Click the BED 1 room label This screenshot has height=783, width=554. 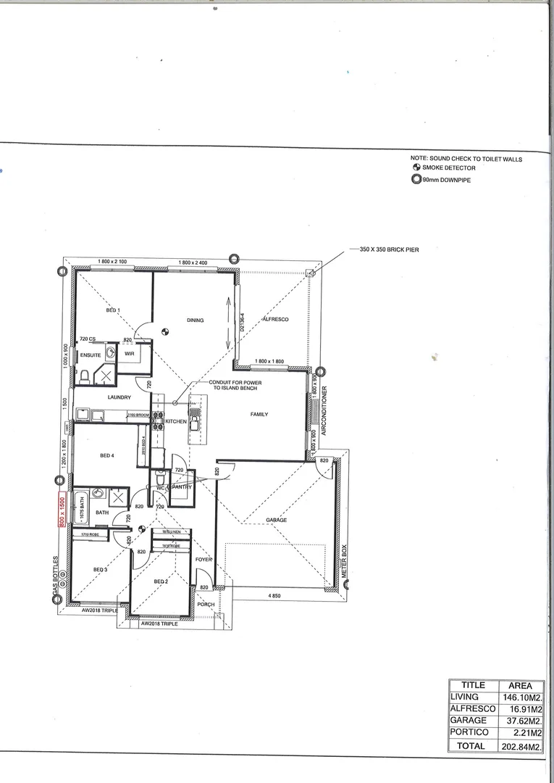tap(113, 310)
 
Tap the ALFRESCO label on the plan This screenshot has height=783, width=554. tap(275, 319)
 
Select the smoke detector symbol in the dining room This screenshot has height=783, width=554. tap(164, 333)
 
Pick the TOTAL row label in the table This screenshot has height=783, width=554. tap(471, 745)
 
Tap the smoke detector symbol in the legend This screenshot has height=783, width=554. tap(416, 167)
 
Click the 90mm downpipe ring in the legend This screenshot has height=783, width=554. tap(416, 180)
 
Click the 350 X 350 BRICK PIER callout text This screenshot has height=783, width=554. tap(389, 249)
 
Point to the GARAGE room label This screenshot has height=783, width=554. tap(276, 521)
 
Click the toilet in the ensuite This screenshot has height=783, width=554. tap(85, 376)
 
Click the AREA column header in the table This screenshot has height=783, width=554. tap(520, 685)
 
